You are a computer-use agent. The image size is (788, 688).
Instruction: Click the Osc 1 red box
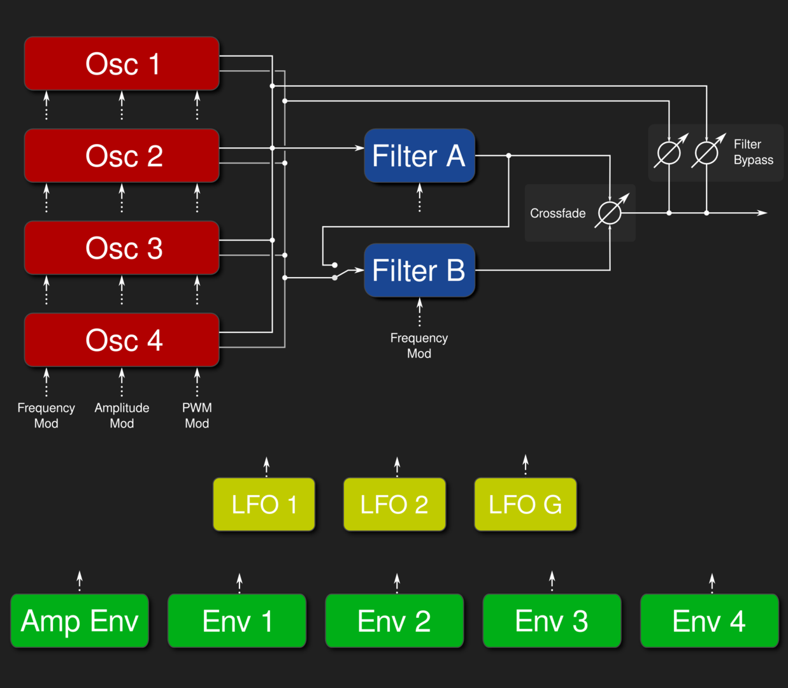[x=122, y=64]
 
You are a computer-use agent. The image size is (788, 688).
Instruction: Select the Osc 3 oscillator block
[x=122, y=248]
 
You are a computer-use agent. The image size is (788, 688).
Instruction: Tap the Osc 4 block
[x=122, y=340]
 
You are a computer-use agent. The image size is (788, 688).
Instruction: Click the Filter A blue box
[x=419, y=156]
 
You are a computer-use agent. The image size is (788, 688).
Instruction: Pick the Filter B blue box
[x=419, y=271]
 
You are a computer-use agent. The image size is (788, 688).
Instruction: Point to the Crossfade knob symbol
[x=610, y=213]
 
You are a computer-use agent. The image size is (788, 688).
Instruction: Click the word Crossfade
[x=557, y=213]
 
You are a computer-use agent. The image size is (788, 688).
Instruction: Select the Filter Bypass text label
[x=753, y=152]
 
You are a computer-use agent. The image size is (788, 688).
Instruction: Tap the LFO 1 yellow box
[x=264, y=505]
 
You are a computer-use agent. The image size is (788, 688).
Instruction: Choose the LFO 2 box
[x=394, y=505]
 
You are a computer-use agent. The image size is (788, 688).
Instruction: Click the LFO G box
[x=525, y=505]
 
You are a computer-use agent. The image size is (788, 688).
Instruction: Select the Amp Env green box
[x=80, y=621]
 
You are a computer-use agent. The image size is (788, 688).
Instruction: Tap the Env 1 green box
[x=237, y=621]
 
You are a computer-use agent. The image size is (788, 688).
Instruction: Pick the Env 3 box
[x=552, y=621]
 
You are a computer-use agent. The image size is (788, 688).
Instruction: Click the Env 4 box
[x=709, y=621]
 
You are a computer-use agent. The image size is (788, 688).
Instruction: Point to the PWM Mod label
[x=197, y=415]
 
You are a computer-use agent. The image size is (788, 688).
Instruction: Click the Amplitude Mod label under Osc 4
[x=122, y=415]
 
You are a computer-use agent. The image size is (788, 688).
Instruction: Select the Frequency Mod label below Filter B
[x=419, y=345]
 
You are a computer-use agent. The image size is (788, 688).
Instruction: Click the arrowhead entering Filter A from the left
[x=360, y=148]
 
